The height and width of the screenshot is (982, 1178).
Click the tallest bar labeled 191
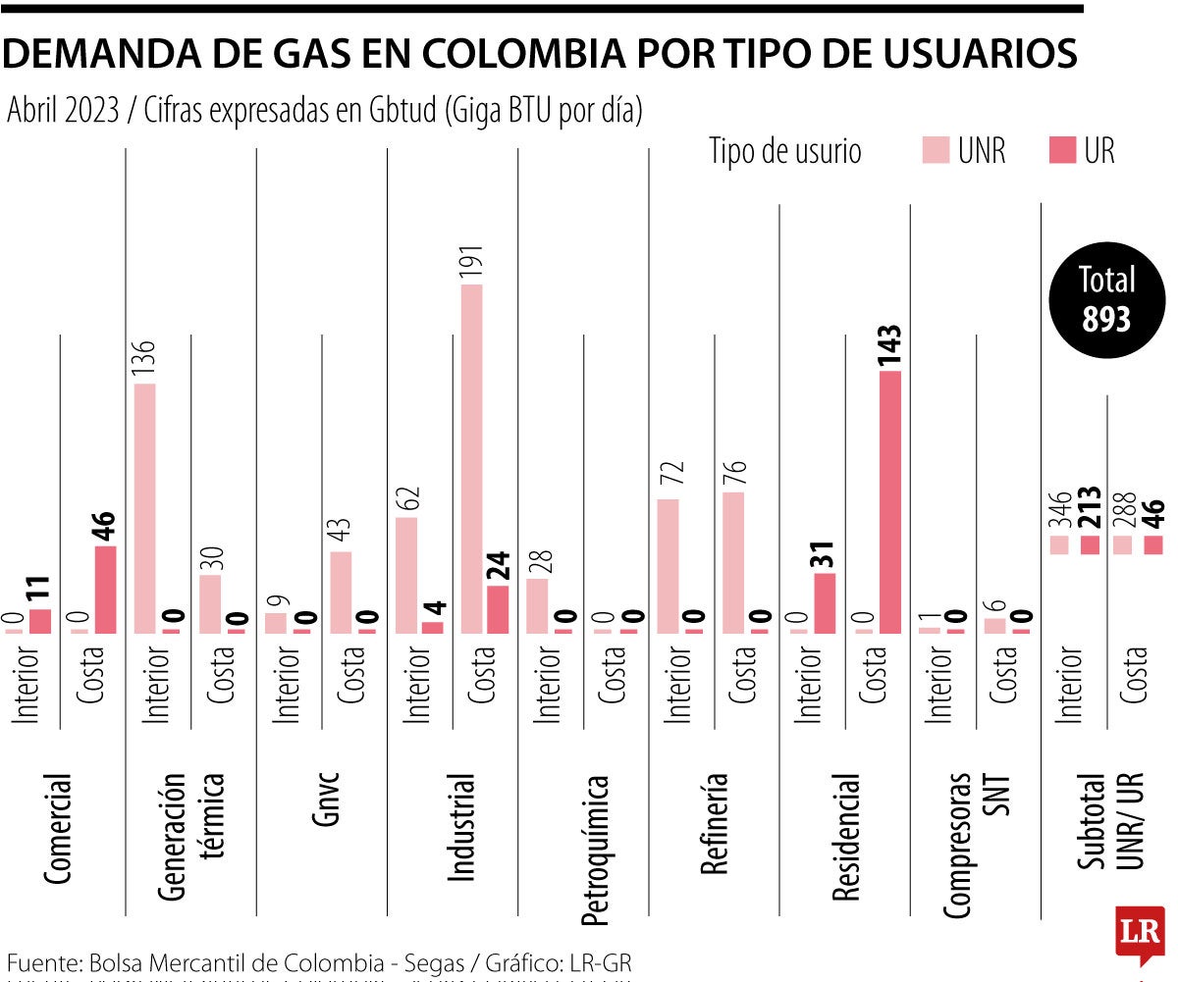pyautogui.click(x=472, y=458)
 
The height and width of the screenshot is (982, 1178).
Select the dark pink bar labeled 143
pyautogui.click(x=890, y=501)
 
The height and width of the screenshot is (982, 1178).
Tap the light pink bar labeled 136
pyautogui.click(x=144, y=507)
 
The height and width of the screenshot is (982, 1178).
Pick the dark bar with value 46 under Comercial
pyautogui.click(x=105, y=589)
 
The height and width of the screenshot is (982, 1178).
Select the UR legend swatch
pyautogui.click(x=1064, y=150)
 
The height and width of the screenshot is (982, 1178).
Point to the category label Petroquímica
pyautogui.click(x=595, y=850)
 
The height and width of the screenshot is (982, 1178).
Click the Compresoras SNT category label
pyautogui.click(x=976, y=845)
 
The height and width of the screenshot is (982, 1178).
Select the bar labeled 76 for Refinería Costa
pyautogui.click(x=733, y=562)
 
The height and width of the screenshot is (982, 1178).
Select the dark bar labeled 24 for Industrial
pyautogui.click(x=498, y=609)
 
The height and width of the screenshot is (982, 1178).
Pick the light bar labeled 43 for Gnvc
pyautogui.click(x=341, y=592)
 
